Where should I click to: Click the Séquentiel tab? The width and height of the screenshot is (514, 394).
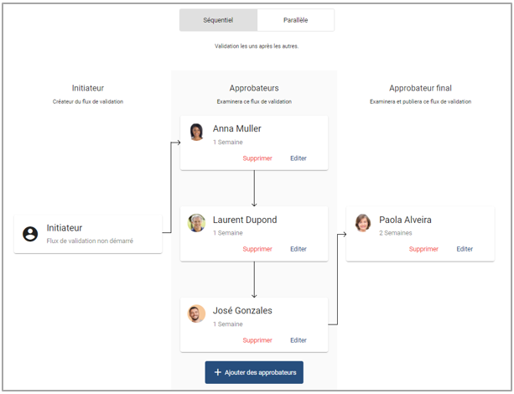pyautogui.click(x=218, y=20)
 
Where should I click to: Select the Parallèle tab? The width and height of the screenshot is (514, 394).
pyautogui.click(x=296, y=20)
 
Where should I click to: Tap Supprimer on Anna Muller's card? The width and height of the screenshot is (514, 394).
pyautogui.click(x=257, y=158)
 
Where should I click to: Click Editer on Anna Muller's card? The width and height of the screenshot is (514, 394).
pyautogui.click(x=299, y=158)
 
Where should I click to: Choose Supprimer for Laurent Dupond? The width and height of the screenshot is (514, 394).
pyautogui.click(x=257, y=249)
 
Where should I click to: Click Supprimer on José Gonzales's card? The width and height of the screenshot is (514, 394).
pyautogui.click(x=257, y=340)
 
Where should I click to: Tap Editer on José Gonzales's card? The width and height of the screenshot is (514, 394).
pyautogui.click(x=299, y=340)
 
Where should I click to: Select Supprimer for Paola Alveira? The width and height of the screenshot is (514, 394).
pyautogui.click(x=423, y=249)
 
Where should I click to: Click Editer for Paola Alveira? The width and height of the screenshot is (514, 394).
pyautogui.click(x=465, y=249)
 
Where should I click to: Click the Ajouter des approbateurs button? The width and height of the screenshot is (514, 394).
pyautogui.click(x=254, y=372)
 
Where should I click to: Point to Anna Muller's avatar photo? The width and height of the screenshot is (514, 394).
pyautogui.click(x=197, y=132)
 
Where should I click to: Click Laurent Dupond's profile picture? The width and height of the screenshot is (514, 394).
pyautogui.click(x=196, y=223)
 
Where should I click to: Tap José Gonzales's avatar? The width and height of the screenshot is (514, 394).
pyautogui.click(x=196, y=314)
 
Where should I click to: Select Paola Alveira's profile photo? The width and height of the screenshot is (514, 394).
pyautogui.click(x=363, y=223)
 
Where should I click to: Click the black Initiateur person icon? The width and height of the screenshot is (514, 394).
pyautogui.click(x=30, y=234)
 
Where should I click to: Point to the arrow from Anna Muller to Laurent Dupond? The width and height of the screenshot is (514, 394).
pyautogui.click(x=254, y=189)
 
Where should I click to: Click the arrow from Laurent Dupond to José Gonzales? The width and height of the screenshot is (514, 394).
pyautogui.click(x=254, y=280)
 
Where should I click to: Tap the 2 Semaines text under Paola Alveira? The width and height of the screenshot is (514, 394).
pyautogui.click(x=396, y=233)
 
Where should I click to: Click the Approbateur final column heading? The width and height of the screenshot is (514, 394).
pyautogui.click(x=421, y=88)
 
